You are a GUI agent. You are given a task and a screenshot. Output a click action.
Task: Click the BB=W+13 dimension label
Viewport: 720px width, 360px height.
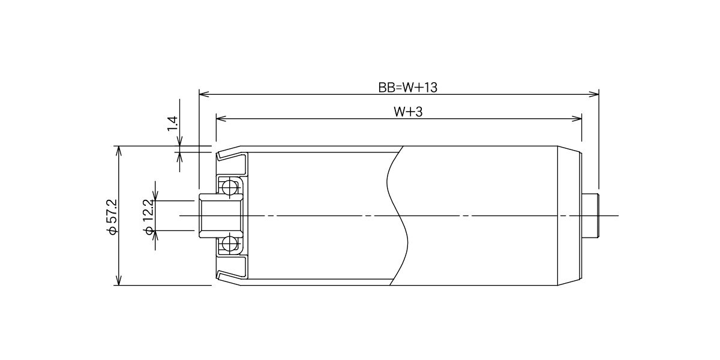pos(407,88)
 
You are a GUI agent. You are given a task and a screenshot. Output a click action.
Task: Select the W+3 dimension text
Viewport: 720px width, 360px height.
pos(408,112)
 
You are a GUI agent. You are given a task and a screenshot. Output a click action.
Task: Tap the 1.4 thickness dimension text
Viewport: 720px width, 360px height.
pos(172,124)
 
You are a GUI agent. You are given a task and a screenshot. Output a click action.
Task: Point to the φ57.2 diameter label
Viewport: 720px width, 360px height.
pos(113,217)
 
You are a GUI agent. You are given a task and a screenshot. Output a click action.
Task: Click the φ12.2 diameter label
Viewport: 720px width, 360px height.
pos(149,217)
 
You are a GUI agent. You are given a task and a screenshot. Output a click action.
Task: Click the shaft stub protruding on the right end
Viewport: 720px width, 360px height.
pos(590,215)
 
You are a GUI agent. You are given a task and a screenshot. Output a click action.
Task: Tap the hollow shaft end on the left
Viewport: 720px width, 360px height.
pos(220,215)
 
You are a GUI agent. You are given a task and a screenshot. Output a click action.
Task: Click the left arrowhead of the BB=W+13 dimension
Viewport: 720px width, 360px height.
pos(204,94)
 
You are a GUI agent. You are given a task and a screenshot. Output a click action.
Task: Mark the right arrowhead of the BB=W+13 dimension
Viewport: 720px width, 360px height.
pos(593,94)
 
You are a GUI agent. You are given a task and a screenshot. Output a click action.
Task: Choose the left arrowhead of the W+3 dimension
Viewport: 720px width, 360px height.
pos(221,119)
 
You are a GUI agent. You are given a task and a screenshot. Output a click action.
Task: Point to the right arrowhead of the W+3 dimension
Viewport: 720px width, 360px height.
pos(577,119)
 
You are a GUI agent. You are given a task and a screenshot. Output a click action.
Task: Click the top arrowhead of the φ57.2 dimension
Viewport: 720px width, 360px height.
pos(119,151)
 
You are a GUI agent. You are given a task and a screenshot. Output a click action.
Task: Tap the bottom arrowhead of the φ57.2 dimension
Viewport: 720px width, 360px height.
pos(119,280)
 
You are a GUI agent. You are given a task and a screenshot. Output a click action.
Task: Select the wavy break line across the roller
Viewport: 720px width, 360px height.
pos(398,215)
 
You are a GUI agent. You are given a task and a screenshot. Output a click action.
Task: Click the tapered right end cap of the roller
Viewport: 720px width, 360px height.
pos(569,215)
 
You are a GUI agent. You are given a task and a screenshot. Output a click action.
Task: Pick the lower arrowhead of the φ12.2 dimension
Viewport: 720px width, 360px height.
pos(155,236)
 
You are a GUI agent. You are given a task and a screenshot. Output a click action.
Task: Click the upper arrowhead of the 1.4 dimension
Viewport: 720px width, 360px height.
pos(179,141)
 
